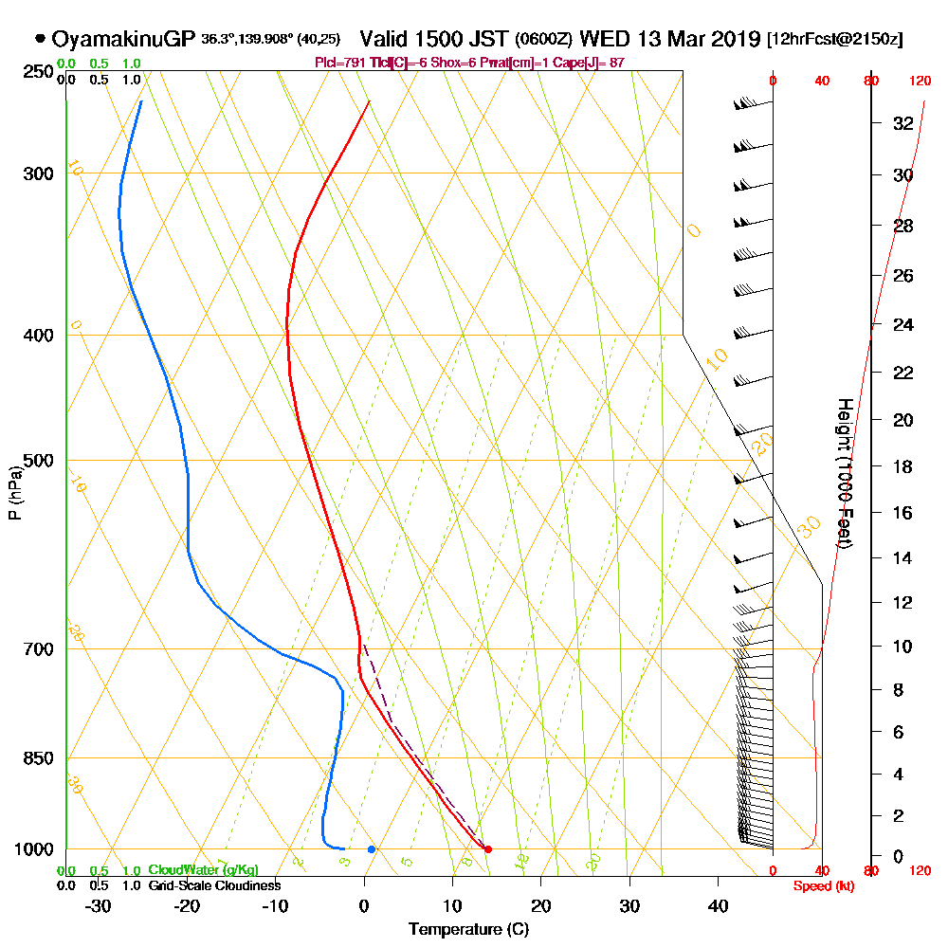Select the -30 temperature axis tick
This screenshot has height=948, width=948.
click(x=99, y=905)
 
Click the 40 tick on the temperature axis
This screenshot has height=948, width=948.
click(x=718, y=905)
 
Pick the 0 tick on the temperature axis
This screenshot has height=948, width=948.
click(x=364, y=905)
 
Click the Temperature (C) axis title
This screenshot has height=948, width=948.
click(x=468, y=929)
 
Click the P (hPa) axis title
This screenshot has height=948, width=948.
click(x=14, y=492)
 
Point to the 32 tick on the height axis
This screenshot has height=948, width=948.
click(x=902, y=123)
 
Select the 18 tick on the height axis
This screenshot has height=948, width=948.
click(x=902, y=466)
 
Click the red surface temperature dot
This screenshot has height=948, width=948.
click(x=487, y=849)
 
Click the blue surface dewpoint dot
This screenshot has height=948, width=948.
click(x=372, y=849)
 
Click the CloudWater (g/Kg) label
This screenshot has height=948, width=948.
click(x=203, y=870)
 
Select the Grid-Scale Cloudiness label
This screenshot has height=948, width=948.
click(x=213, y=885)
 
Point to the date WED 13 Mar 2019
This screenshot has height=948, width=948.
click(x=669, y=40)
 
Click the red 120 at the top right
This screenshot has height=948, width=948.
click(x=919, y=82)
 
